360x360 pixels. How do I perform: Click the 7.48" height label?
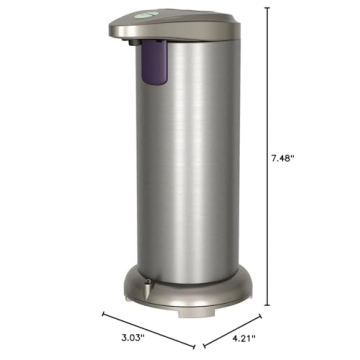point(285,156)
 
